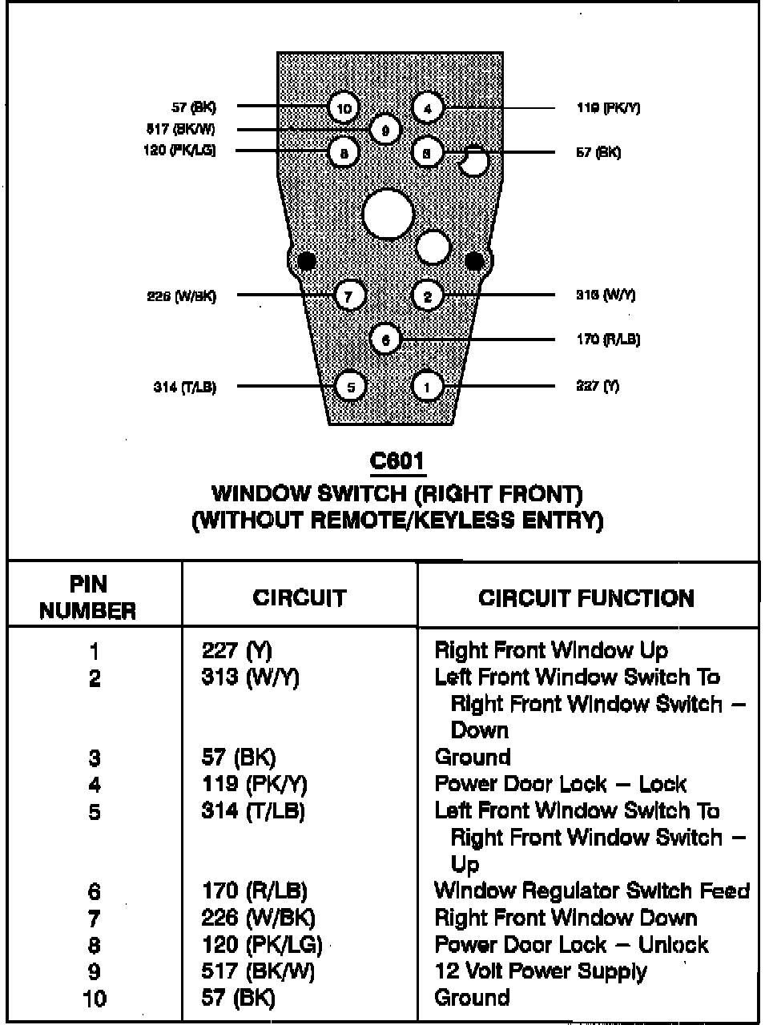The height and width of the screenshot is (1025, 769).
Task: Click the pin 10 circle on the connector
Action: (344, 108)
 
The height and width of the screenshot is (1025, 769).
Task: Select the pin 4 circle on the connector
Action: (428, 108)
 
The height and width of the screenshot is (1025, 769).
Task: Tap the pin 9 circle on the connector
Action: (385, 130)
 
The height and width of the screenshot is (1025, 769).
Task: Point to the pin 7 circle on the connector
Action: (348, 295)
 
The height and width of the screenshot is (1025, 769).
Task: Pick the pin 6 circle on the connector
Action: (385, 340)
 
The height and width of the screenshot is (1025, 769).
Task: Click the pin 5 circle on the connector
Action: (350, 387)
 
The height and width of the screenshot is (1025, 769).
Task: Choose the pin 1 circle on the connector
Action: (427, 387)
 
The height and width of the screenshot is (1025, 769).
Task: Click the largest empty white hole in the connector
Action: (389, 214)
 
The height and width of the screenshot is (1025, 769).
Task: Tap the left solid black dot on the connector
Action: (306, 261)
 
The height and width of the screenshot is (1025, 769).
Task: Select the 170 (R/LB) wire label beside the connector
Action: (608, 340)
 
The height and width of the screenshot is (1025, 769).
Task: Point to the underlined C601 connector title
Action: (397, 461)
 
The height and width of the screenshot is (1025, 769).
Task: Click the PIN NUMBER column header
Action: (87, 597)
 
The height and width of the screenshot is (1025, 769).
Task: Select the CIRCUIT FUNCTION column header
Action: (586, 598)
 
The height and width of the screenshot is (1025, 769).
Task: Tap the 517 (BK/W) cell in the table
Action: (258, 971)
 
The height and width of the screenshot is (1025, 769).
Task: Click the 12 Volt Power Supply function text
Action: (541, 971)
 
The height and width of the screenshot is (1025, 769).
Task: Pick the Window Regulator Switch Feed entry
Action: (592, 890)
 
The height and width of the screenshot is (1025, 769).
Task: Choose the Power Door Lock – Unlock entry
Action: (571, 944)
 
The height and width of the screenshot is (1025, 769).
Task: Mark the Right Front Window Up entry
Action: (551, 650)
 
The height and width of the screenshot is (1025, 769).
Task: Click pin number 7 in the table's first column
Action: (95, 918)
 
